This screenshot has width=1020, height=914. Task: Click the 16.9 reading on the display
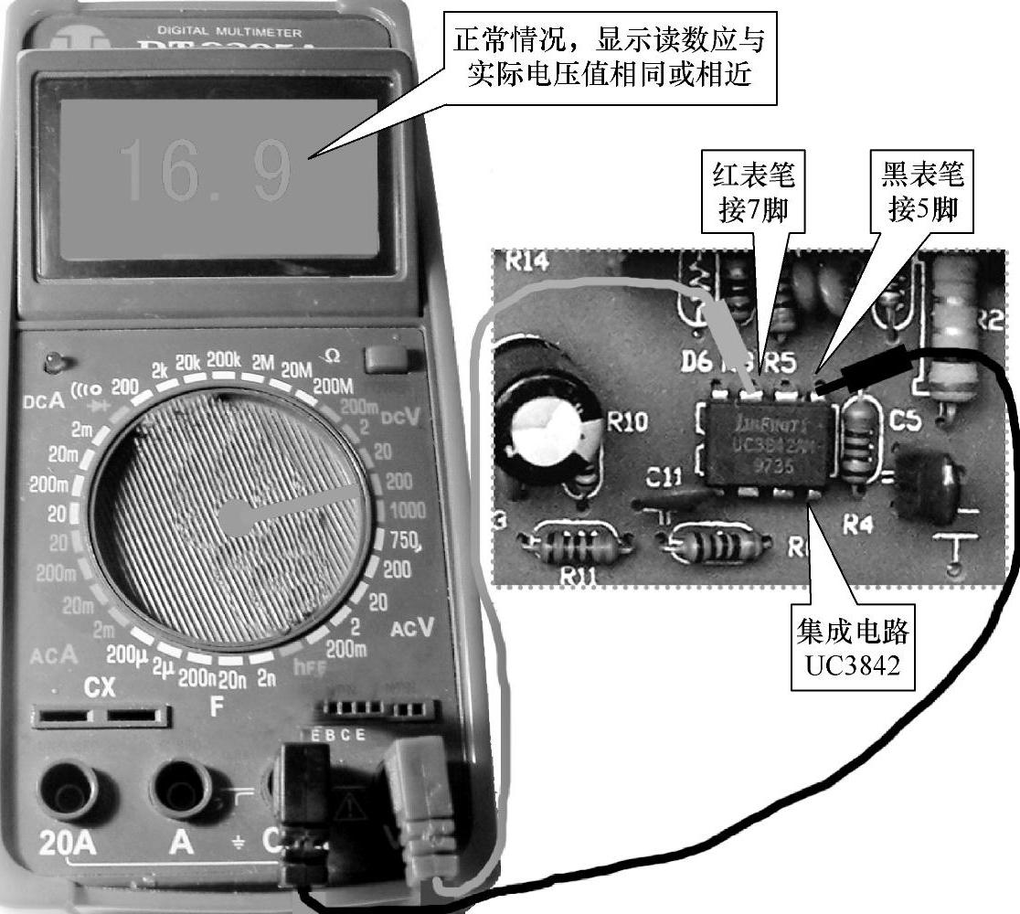coord(206,170)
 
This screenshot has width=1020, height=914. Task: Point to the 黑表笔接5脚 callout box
coord(922,194)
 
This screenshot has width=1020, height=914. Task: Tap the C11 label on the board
coord(664,477)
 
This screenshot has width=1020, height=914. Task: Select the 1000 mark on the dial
coord(407,511)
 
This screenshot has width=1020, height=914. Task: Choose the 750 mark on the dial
coord(404,539)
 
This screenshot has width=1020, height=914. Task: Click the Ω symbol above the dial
coord(332,356)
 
